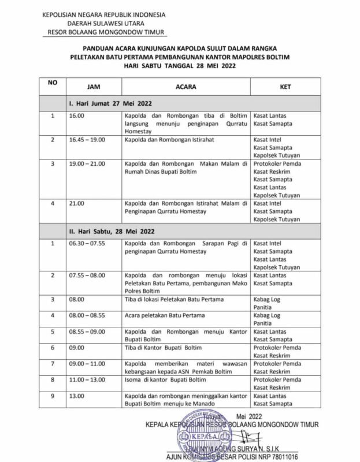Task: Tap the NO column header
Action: click(53, 82)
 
